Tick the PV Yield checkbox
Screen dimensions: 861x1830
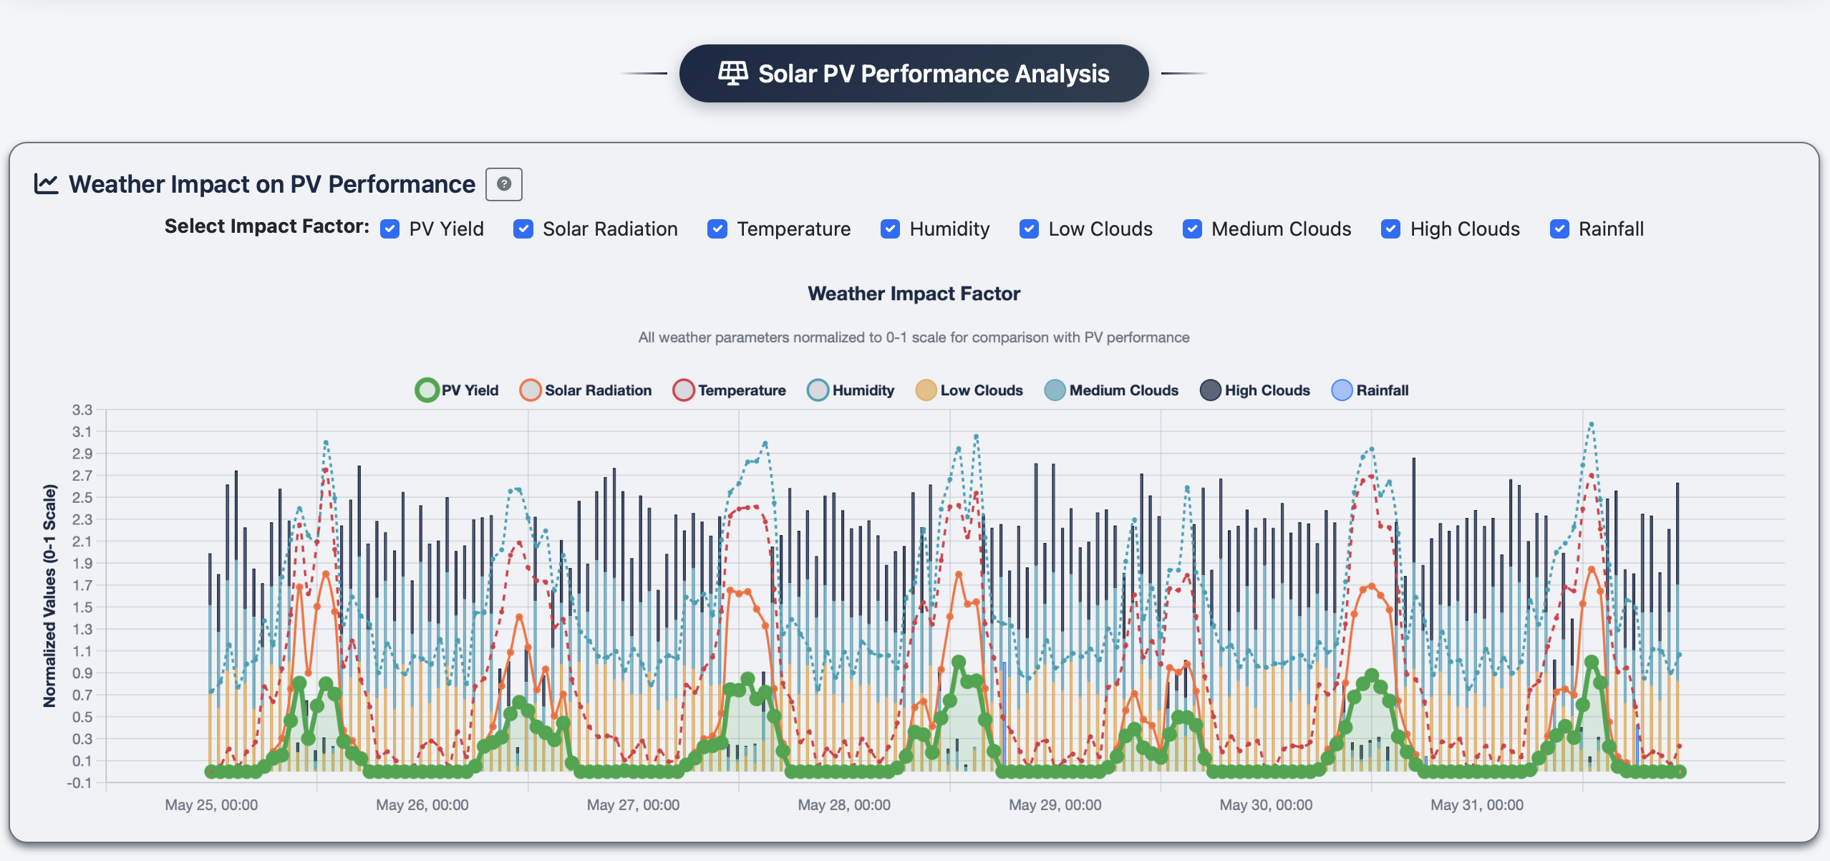coord(390,229)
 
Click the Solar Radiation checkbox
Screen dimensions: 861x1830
coord(523,229)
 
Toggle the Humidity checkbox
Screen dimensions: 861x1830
coord(890,229)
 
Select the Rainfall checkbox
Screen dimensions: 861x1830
coord(1559,229)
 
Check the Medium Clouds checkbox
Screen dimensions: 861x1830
coord(1192,229)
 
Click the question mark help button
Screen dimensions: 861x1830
coord(504,184)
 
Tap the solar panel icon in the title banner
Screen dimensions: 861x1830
coord(732,73)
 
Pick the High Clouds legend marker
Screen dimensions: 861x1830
coord(1210,390)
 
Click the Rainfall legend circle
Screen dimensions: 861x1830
coord(1342,390)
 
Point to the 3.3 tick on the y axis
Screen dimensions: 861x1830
coord(82,410)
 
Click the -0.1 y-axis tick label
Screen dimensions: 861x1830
coord(79,783)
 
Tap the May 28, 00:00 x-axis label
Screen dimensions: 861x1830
coord(844,805)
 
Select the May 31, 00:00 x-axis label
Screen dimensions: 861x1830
coord(1477,805)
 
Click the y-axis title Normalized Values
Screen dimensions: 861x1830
coord(49,596)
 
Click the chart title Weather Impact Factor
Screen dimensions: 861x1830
coord(914,294)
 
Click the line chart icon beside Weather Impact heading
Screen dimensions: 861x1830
coord(47,184)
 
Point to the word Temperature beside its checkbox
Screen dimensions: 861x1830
coord(793,229)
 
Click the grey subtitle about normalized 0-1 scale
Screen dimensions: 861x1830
coord(914,337)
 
